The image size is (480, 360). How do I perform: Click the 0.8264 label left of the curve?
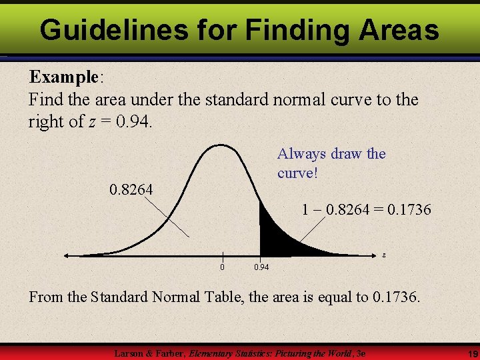coord(131,190)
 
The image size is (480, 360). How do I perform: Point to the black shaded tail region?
coord(273,237)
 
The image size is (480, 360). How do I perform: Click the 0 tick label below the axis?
coord(223,267)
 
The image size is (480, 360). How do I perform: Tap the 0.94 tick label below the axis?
coord(261,267)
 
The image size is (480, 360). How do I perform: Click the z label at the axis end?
coord(383,254)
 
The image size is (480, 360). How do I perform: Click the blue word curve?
coord(297,173)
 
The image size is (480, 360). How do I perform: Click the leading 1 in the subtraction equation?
coord(305,210)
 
